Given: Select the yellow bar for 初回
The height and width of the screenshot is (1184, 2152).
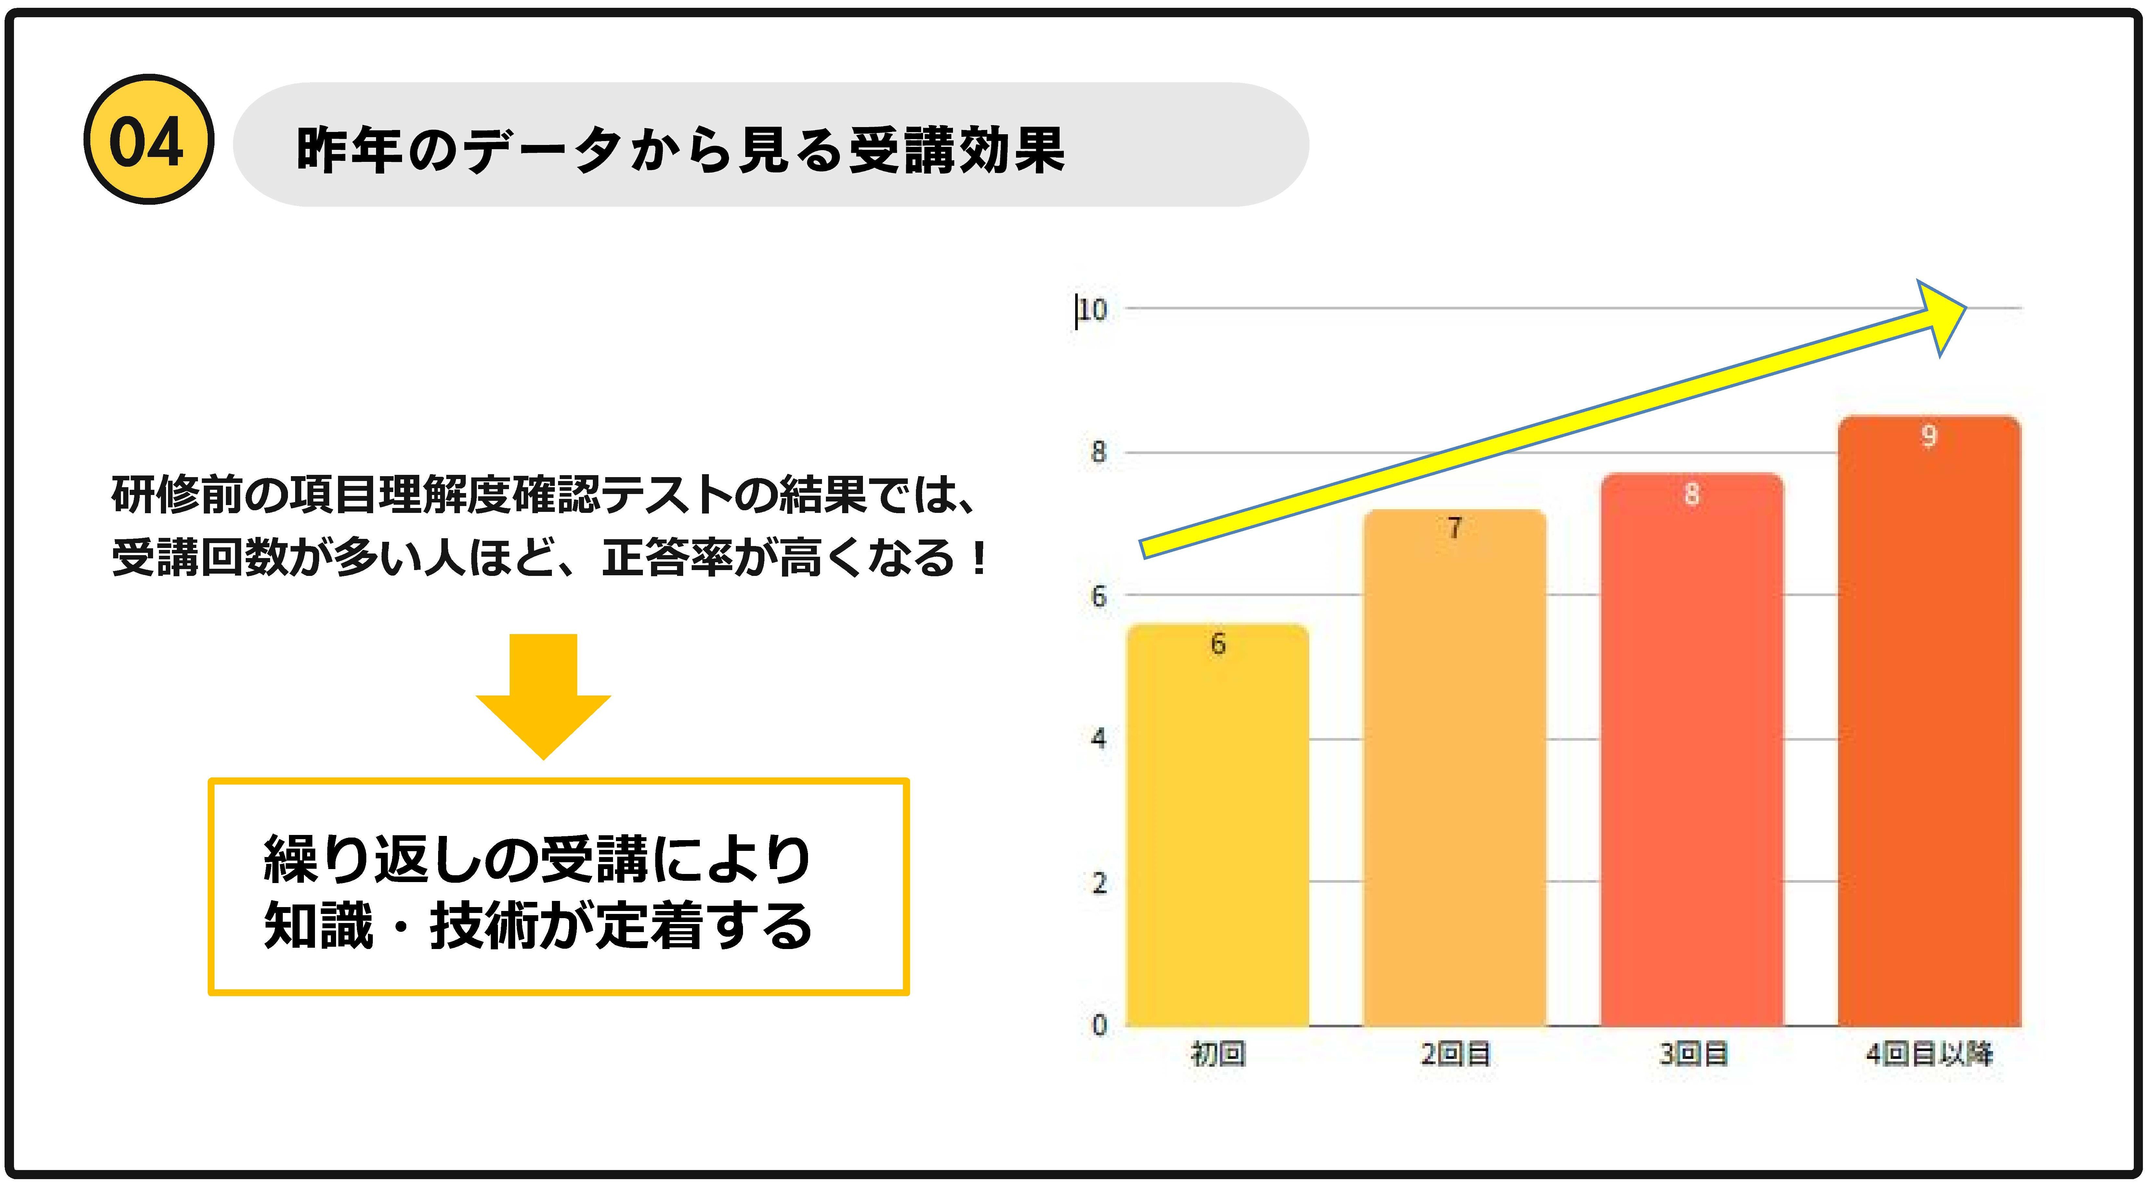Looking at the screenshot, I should tap(1217, 836).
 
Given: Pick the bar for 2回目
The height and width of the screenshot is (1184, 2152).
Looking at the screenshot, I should tap(1454, 777).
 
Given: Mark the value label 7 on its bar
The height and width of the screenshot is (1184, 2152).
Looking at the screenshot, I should tap(1454, 528).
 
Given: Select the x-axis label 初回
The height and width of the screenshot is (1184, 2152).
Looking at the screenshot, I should tap(1217, 1055).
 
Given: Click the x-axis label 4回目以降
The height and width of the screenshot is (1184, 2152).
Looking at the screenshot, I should tap(1929, 1055).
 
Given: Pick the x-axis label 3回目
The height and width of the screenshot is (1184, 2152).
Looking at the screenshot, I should tap(1692, 1055).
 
